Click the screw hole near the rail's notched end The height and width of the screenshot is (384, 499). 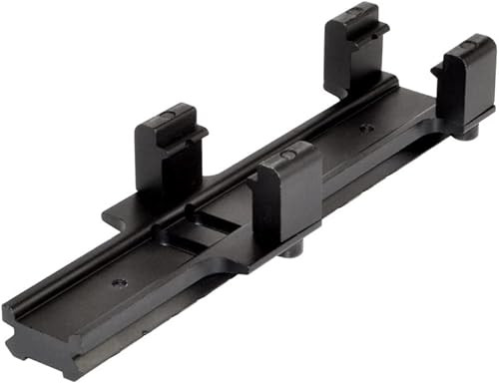pos(120,283)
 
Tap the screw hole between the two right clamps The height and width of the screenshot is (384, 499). pos(366,128)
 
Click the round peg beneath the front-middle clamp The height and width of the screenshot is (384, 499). pos(292,247)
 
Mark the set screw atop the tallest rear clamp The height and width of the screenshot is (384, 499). pos(354,14)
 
